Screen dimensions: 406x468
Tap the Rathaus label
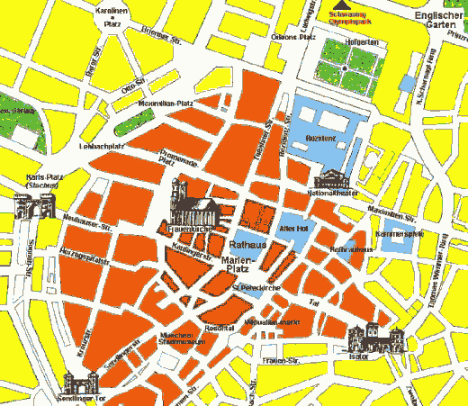pyautogui.click(x=247, y=244)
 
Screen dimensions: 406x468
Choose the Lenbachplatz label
pyautogui.click(x=101, y=145)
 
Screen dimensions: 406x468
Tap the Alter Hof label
pyautogui.click(x=294, y=229)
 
